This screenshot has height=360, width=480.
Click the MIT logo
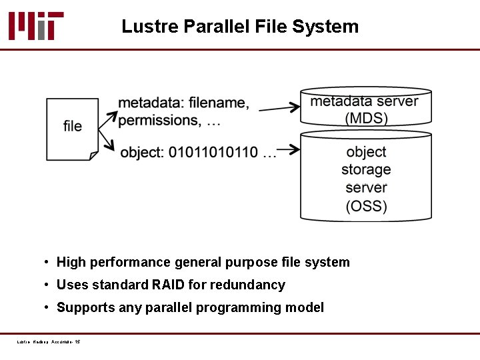36,26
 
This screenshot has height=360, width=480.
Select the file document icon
72,129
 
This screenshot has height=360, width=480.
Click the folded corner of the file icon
94,156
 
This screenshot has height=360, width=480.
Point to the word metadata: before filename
151,103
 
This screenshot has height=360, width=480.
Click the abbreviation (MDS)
366,119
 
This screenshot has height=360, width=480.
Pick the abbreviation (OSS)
366,206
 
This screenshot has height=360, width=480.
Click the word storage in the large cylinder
366,169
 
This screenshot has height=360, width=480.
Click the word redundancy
247,285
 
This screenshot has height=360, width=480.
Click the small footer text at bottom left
49,342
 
